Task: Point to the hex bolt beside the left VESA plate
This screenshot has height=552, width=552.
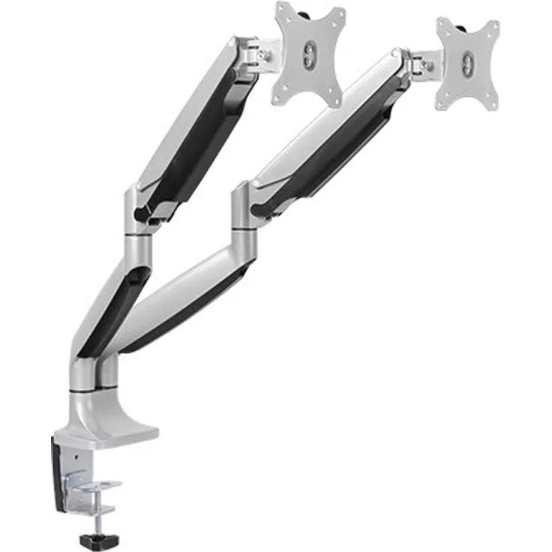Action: pyautogui.click(x=264, y=55)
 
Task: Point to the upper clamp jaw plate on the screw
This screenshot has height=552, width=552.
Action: pyautogui.click(x=97, y=488)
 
